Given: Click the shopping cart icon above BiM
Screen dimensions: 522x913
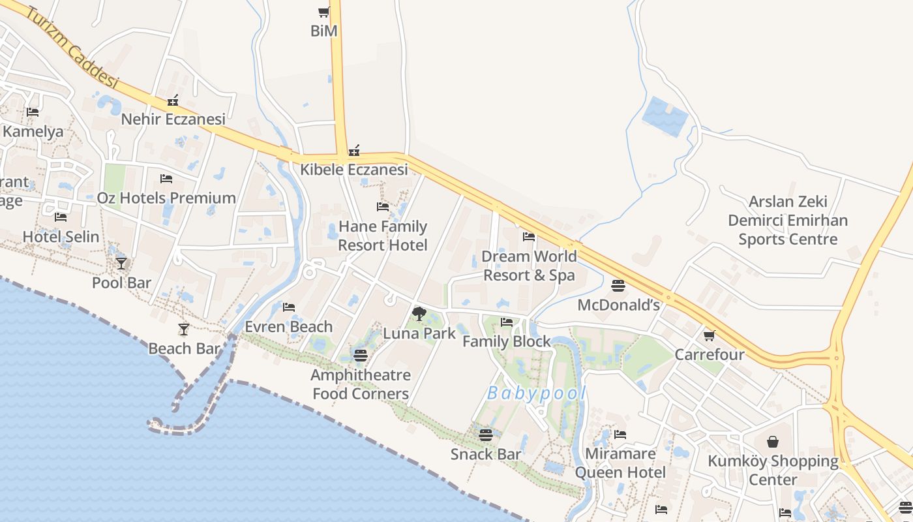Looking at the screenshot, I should click(323, 12).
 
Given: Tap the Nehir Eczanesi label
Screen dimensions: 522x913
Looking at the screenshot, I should click(173, 119).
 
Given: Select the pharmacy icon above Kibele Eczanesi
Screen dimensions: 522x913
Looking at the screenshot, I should click(354, 151).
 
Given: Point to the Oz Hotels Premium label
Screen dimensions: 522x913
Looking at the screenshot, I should click(166, 198).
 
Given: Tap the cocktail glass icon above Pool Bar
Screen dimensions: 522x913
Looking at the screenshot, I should click(121, 263).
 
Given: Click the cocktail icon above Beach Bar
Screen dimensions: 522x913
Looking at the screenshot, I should click(184, 330).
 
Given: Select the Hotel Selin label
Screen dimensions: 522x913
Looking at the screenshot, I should click(61, 237).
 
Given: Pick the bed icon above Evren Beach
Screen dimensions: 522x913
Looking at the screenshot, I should click(289, 307).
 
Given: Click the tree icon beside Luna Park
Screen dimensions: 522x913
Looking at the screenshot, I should click(419, 314).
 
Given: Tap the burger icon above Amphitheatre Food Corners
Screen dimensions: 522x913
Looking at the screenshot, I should click(360, 356).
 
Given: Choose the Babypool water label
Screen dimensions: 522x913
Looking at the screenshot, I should click(537, 393).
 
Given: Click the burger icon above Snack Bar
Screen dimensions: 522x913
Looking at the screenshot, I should click(486, 435).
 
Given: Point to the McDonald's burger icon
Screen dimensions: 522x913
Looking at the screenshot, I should click(618, 286).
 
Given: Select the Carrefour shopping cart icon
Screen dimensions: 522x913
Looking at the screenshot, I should click(710, 335).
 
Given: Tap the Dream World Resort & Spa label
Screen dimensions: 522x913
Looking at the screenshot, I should click(528, 266).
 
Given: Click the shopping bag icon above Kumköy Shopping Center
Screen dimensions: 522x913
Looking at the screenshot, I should click(773, 442).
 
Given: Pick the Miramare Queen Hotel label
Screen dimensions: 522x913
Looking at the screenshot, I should click(620, 463).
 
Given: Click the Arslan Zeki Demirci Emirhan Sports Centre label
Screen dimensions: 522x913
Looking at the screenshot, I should click(788, 221).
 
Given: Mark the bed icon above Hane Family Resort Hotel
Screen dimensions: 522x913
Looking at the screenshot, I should click(383, 207).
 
